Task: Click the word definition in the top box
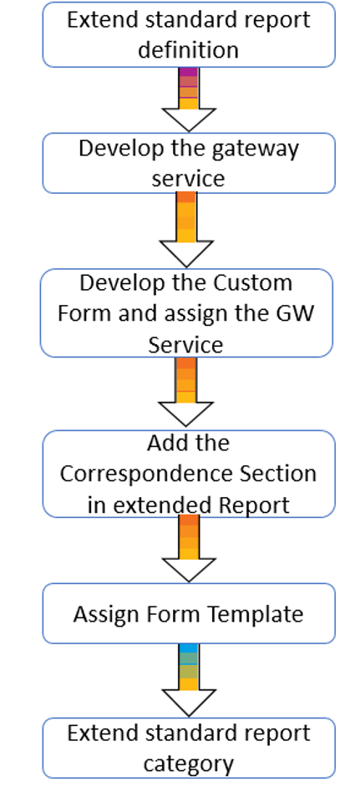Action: click(188, 50)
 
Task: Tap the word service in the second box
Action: click(188, 179)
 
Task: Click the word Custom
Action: click(253, 282)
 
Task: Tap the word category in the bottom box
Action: click(188, 764)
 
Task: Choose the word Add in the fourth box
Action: click(165, 443)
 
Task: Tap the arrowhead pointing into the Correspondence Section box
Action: click(185, 414)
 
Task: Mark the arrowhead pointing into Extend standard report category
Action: click(189, 703)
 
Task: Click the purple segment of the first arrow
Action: click(189, 72)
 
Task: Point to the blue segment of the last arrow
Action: click(189, 648)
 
